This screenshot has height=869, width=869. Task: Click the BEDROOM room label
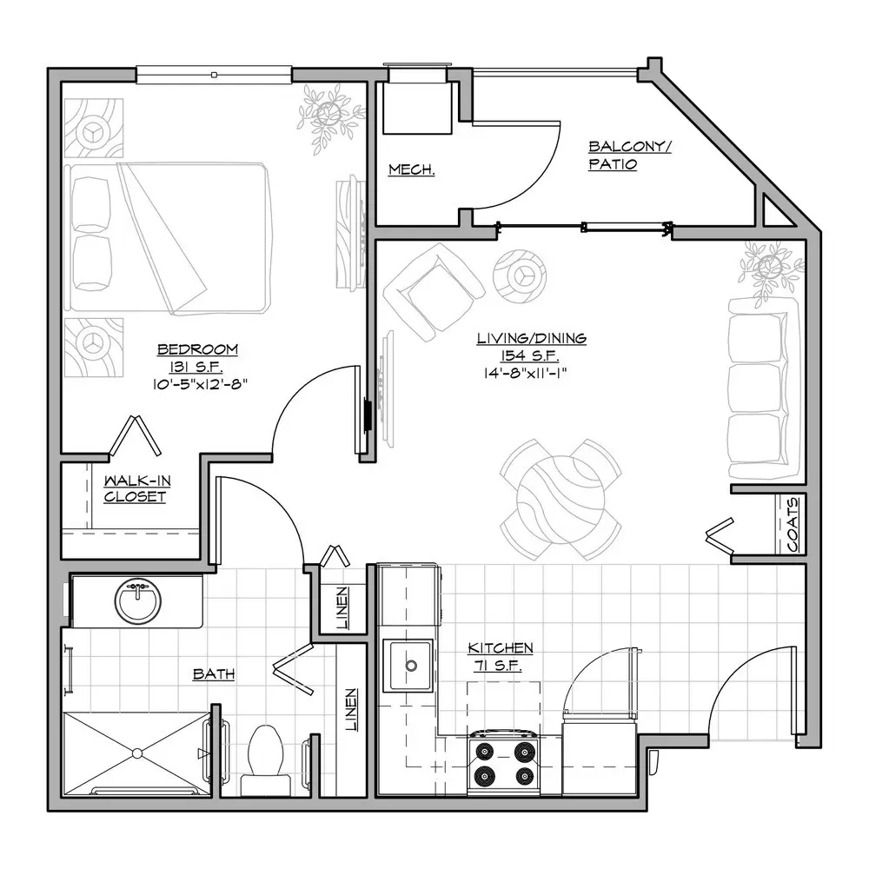click(x=198, y=349)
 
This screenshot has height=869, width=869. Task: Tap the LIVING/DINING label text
click(x=532, y=338)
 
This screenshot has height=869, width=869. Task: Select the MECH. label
click(x=411, y=169)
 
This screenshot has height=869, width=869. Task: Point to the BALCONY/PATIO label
click(x=629, y=156)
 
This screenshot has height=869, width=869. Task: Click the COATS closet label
click(x=793, y=524)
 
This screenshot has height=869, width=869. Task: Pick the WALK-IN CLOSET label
click(x=137, y=488)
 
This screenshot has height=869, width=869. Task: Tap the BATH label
click(x=214, y=674)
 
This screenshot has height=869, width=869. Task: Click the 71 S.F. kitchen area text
click(x=497, y=666)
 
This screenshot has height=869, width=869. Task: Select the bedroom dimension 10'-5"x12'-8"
click(x=200, y=383)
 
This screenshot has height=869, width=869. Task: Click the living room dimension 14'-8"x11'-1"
click(x=525, y=373)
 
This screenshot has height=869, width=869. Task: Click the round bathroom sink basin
click(x=138, y=601)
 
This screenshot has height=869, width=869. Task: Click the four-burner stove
click(x=503, y=763)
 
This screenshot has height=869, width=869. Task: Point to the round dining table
click(x=561, y=500)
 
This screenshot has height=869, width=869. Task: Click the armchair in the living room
click(x=434, y=292)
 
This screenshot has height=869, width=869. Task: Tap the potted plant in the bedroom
click(x=329, y=117)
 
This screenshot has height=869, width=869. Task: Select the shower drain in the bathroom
click(x=137, y=753)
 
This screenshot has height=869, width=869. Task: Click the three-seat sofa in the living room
click(x=764, y=388)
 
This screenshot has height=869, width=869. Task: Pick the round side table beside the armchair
click(x=520, y=275)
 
